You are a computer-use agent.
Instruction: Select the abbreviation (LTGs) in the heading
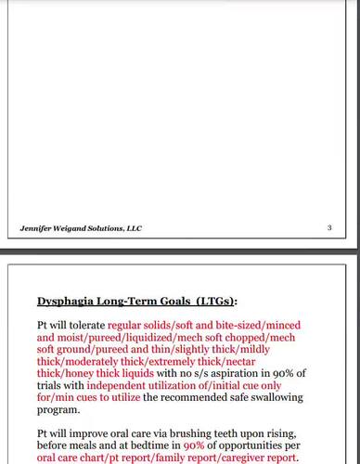(x=214, y=301)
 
